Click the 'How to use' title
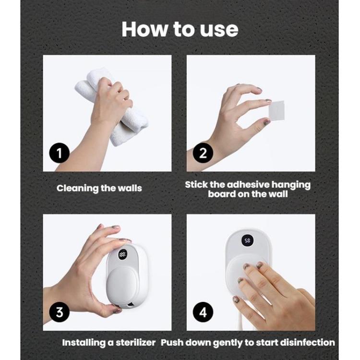tap(180, 29)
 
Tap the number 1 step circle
tap(60, 154)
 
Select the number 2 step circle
tap(203, 154)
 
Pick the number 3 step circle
tap(60, 312)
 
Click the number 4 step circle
tap(203, 312)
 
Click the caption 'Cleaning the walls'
tap(99, 188)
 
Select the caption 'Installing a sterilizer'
tap(109, 342)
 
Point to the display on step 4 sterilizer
tap(247, 240)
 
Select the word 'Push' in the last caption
tap(171, 342)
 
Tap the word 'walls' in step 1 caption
tap(130, 188)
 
